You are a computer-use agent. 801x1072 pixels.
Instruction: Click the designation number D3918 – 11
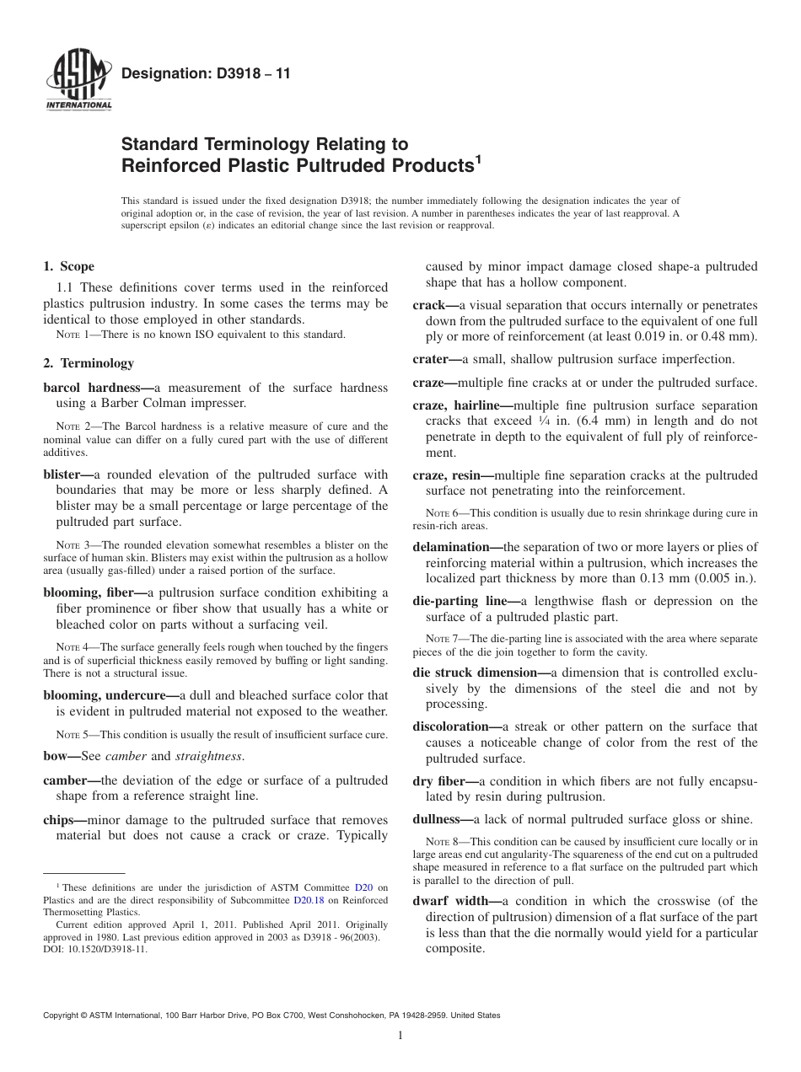tap(206, 74)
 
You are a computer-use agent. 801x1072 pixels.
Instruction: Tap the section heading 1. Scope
tap(68, 266)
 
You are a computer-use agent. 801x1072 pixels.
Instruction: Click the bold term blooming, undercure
tap(111, 695)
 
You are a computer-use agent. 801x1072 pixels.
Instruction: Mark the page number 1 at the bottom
tap(400, 1036)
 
